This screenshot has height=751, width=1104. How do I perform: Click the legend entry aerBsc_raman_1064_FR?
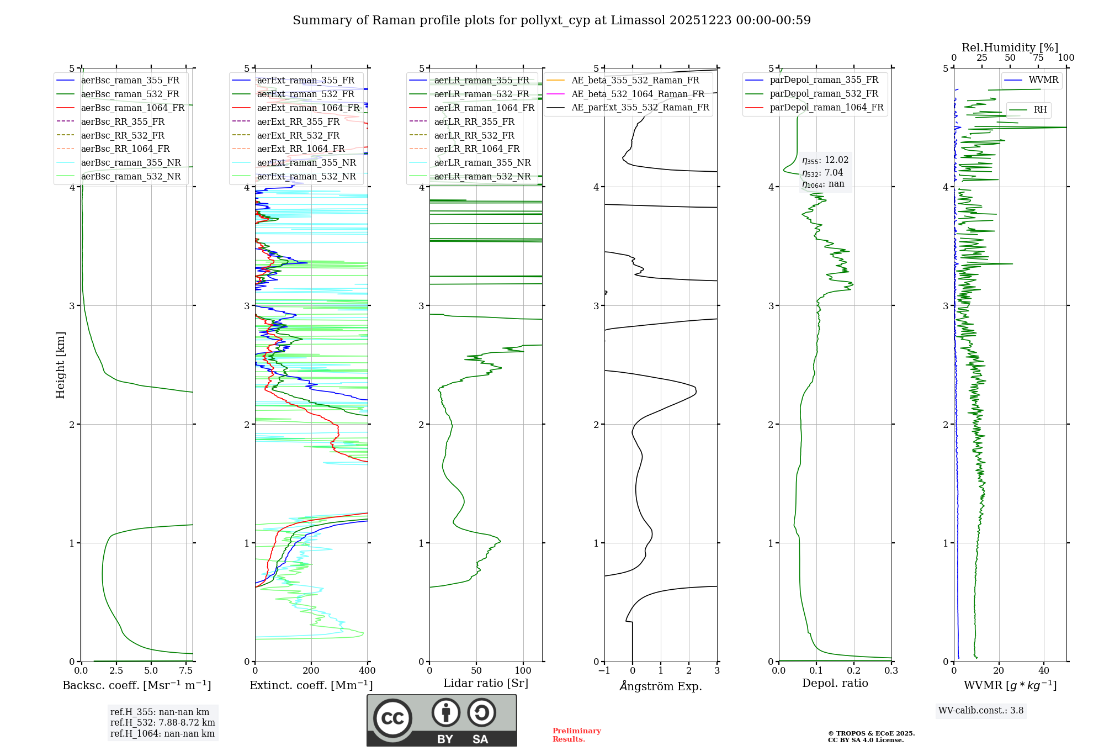[132, 108]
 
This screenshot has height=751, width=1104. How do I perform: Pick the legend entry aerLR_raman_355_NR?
[482, 163]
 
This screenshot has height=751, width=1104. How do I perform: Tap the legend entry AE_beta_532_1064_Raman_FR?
[638, 94]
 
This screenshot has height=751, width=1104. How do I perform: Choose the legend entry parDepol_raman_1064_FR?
[826, 108]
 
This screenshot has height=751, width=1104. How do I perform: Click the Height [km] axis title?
[60, 365]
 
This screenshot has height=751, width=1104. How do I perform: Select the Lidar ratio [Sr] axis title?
[486, 684]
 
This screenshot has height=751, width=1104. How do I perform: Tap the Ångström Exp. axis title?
[661, 686]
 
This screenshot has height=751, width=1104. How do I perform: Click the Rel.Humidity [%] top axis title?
[1010, 47]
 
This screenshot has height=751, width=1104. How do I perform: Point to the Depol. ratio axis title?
[835, 684]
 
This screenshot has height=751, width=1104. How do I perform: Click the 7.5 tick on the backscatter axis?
[186, 671]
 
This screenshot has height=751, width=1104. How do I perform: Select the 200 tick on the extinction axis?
[311, 671]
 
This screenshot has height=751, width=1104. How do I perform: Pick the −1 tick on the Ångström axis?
[604, 671]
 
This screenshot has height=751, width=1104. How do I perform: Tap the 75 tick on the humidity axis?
[1038, 58]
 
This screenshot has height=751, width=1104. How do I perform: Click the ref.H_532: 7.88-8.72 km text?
[162, 723]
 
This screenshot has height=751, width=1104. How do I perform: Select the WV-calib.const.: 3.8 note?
[981, 711]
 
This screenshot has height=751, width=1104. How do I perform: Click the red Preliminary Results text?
[576, 735]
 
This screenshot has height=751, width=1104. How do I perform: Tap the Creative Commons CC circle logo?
[392, 718]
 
